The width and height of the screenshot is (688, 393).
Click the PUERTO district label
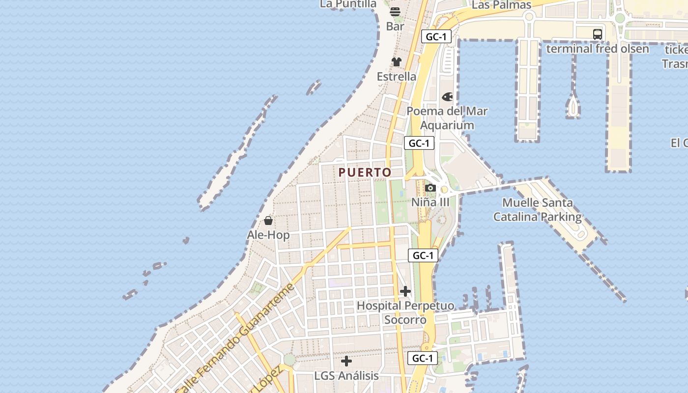(x=365, y=172)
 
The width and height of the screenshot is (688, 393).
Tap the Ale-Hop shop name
(x=268, y=235)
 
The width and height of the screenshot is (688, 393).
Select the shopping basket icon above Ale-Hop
(x=268, y=221)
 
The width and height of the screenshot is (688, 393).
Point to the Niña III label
(x=430, y=202)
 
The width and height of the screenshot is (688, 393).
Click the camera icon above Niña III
(x=430, y=188)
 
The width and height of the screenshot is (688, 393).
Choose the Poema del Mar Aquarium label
(x=447, y=118)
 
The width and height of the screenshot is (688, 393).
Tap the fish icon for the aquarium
(x=447, y=97)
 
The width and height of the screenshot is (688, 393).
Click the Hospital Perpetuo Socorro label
(x=405, y=312)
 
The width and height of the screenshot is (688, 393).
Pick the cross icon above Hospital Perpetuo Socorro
(x=405, y=291)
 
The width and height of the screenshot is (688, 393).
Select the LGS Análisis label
(x=346, y=376)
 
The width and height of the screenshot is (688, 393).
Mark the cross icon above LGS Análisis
(x=346, y=361)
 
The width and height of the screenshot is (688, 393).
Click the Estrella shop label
(x=397, y=77)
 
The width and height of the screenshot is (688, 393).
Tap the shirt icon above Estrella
(x=397, y=62)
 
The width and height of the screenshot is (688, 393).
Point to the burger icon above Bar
(x=395, y=12)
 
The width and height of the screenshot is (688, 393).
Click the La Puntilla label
(x=348, y=4)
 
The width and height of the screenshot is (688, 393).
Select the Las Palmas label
(x=502, y=5)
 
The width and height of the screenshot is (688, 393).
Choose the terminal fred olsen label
(x=598, y=49)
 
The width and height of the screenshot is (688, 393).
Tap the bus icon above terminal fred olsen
(x=598, y=34)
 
